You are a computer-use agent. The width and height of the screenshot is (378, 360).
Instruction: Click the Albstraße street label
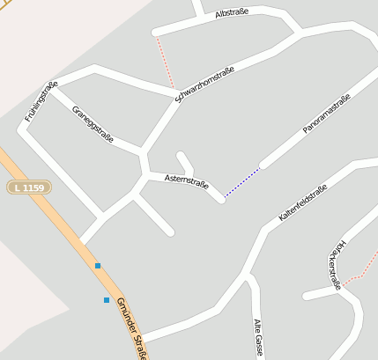point(232,13)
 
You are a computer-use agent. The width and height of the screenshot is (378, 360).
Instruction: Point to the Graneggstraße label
point(93,124)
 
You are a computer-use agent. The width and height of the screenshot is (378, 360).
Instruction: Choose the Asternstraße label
point(186,181)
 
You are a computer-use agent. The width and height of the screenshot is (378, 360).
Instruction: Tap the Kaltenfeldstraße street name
point(303,202)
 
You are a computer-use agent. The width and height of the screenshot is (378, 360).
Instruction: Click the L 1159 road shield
point(29,187)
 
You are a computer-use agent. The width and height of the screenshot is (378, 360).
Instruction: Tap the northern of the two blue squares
point(98,265)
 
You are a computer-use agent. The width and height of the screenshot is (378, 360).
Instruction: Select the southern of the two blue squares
point(107,300)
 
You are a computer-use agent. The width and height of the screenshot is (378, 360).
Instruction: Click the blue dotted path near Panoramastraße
point(241,181)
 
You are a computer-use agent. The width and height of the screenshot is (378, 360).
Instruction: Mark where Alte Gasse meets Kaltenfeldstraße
point(248,276)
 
